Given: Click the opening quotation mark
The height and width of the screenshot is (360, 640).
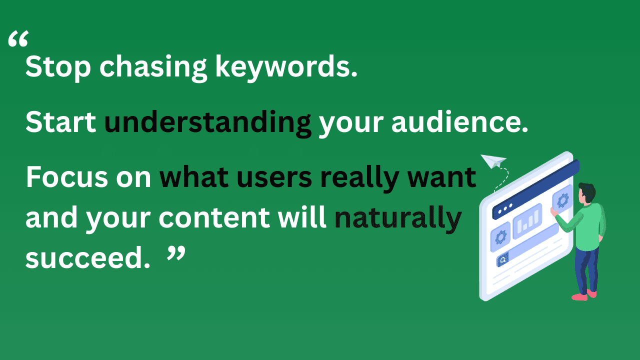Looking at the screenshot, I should (18, 40).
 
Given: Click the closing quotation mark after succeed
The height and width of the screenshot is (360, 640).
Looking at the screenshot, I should (175, 254).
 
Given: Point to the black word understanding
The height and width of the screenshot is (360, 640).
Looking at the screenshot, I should (207, 123).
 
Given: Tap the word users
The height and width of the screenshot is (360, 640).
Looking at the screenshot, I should (283, 177).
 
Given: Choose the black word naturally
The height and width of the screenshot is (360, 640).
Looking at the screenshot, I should (397, 218).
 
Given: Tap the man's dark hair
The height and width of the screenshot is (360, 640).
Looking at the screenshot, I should (588, 191).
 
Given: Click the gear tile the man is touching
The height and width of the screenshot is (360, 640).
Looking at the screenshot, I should (561, 200).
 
